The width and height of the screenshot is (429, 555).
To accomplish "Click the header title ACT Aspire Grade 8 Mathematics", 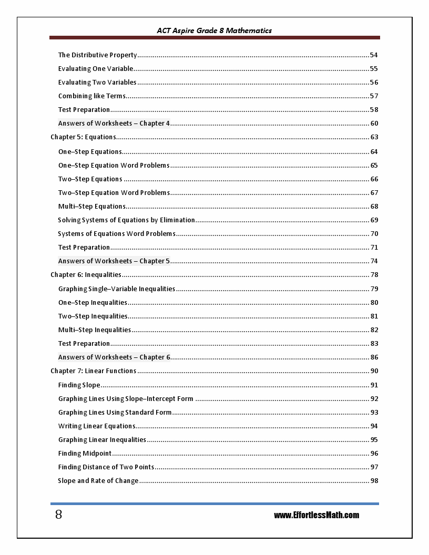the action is coord(214,30).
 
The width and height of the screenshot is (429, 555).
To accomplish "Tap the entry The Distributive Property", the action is coord(97,55).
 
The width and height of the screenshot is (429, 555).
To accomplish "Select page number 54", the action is coord(374,55).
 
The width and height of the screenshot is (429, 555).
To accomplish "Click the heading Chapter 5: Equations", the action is coord(83,137).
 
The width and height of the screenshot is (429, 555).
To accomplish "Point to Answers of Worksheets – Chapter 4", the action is coord(114,124).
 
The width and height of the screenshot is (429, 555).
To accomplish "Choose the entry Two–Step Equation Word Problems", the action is coord(114,193).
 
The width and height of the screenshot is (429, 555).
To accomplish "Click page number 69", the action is coord(374,220).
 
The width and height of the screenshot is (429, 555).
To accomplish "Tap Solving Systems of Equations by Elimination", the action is coord(126,220).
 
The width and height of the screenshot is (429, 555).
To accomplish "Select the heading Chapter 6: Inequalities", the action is coord(86,275).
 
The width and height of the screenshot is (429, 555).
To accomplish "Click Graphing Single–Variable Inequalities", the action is coord(117,289).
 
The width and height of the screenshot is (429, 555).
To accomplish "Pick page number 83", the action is coord(374,344).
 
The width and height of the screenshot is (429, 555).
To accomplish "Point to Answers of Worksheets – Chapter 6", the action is coord(114,357).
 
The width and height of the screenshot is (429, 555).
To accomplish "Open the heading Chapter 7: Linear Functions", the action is coord(93,371).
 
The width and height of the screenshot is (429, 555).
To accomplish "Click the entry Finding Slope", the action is coord(79,385).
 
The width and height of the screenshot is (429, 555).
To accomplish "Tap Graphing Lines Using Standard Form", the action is coord(115,413).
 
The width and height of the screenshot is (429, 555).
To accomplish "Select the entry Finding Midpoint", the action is coord(85,454).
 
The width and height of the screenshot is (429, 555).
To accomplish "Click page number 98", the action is coord(374,481).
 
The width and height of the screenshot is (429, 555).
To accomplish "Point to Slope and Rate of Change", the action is coord(98,481).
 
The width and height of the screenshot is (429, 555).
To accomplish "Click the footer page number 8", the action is coord(58,515).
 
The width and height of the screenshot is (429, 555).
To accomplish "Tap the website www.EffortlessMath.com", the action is coord(316,515).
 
